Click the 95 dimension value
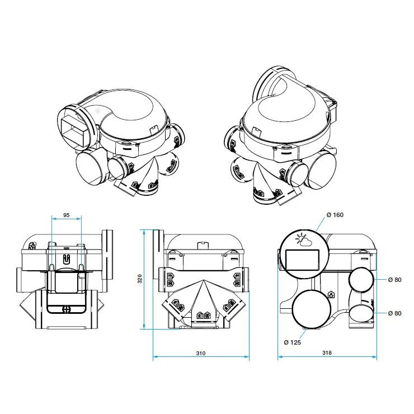pyautogui.click(x=66, y=215)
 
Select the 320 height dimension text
pyautogui.click(x=140, y=279)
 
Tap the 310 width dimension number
pyautogui.click(x=201, y=353)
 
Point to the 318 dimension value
pyautogui.click(x=327, y=353)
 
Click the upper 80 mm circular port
pyautogui.click(x=361, y=279)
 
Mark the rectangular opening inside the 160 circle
pyautogui.click(x=303, y=261)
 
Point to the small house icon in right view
pyautogui.click(x=331, y=294)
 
